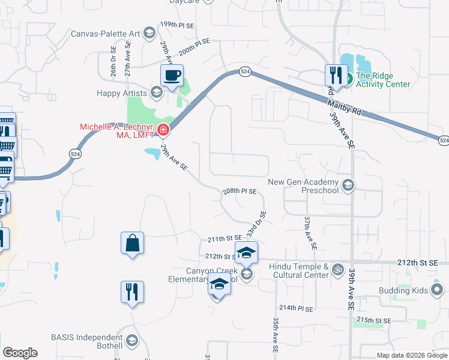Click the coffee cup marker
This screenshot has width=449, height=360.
coord(172,76)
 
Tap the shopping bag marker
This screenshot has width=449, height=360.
coord(132,244)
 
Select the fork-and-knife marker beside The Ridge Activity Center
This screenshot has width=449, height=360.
coord(335,76)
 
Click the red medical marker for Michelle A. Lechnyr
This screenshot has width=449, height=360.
coord(163,130)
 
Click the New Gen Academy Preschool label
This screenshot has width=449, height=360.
coord(303,186)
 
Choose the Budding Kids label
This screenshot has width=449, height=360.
coord(403,290)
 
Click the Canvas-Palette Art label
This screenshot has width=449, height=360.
coord(105,33)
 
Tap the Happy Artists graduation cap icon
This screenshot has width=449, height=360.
coord(157,92)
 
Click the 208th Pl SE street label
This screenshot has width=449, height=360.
coord(240,191)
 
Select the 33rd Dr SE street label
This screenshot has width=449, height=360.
coord(260,223)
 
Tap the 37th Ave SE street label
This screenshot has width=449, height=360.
coord(309,233)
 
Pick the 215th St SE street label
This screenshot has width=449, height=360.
coord(373,320)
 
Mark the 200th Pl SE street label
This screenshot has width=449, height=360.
coord(194,47)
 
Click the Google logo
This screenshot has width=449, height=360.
coord(20,353)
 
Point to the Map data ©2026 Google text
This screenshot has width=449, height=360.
coord(411,355)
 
